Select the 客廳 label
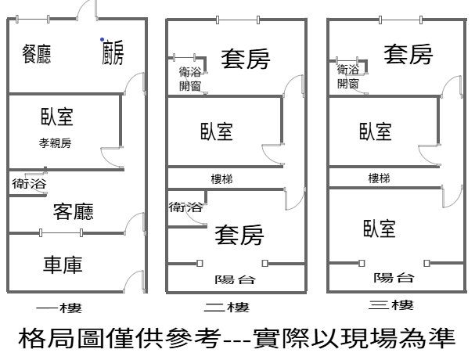[x=74, y=211]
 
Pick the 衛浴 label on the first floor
[x=29, y=184]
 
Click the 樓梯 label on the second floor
[x=221, y=178]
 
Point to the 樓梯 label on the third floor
[x=379, y=178]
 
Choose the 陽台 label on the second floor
[x=235, y=279]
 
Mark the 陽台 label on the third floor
[x=394, y=277]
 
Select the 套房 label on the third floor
[x=408, y=55]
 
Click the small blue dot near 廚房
[x=101, y=39]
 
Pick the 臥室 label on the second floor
[x=216, y=131]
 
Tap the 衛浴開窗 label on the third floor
[x=348, y=76]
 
